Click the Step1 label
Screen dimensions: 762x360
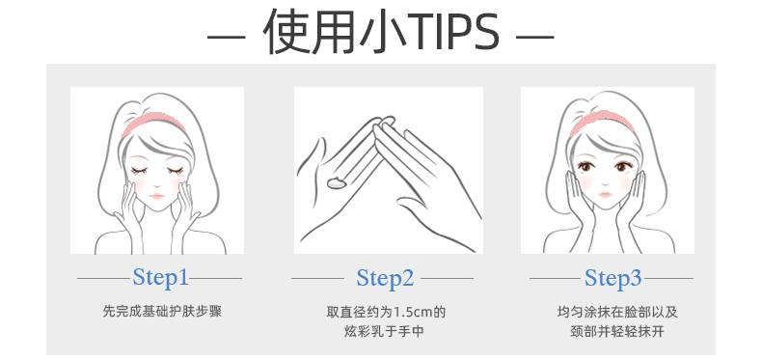(x=160, y=278)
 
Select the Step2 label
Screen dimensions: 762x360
(x=385, y=278)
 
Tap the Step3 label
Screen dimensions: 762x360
(x=612, y=278)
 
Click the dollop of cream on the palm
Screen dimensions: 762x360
(x=336, y=183)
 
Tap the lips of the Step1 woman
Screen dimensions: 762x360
(x=157, y=196)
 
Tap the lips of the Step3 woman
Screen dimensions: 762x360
(x=605, y=195)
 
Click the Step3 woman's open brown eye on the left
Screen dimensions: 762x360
(x=585, y=167)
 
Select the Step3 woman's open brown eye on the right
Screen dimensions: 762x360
(x=622, y=167)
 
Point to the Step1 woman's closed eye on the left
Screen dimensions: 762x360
(x=139, y=171)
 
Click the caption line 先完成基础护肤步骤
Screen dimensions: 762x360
(x=162, y=312)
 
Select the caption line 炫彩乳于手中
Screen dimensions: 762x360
(x=384, y=332)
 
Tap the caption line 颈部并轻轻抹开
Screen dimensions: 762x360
(x=617, y=332)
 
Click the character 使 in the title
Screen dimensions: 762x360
(x=285, y=32)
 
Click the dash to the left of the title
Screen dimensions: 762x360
(x=226, y=37)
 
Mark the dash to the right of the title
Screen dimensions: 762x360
(x=535, y=37)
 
